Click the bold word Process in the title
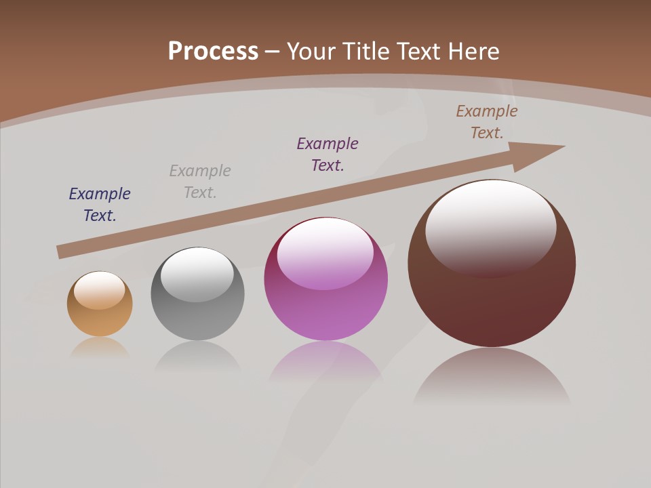pyautogui.click(x=213, y=52)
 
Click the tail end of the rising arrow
pyautogui.click(x=60, y=252)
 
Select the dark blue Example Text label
pyautogui.click(x=100, y=205)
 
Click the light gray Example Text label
pyautogui.click(x=200, y=182)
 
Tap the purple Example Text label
pyautogui.click(x=328, y=154)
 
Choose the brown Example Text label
pyautogui.click(x=487, y=122)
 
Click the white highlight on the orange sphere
pyautogui.click(x=100, y=289)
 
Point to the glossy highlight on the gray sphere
pyautogui.click(x=197, y=273)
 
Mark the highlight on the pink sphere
pyautogui.click(x=325, y=252)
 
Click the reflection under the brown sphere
pyautogui.click(x=492, y=376)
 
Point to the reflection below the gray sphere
pyautogui.click(x=197, y=356)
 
